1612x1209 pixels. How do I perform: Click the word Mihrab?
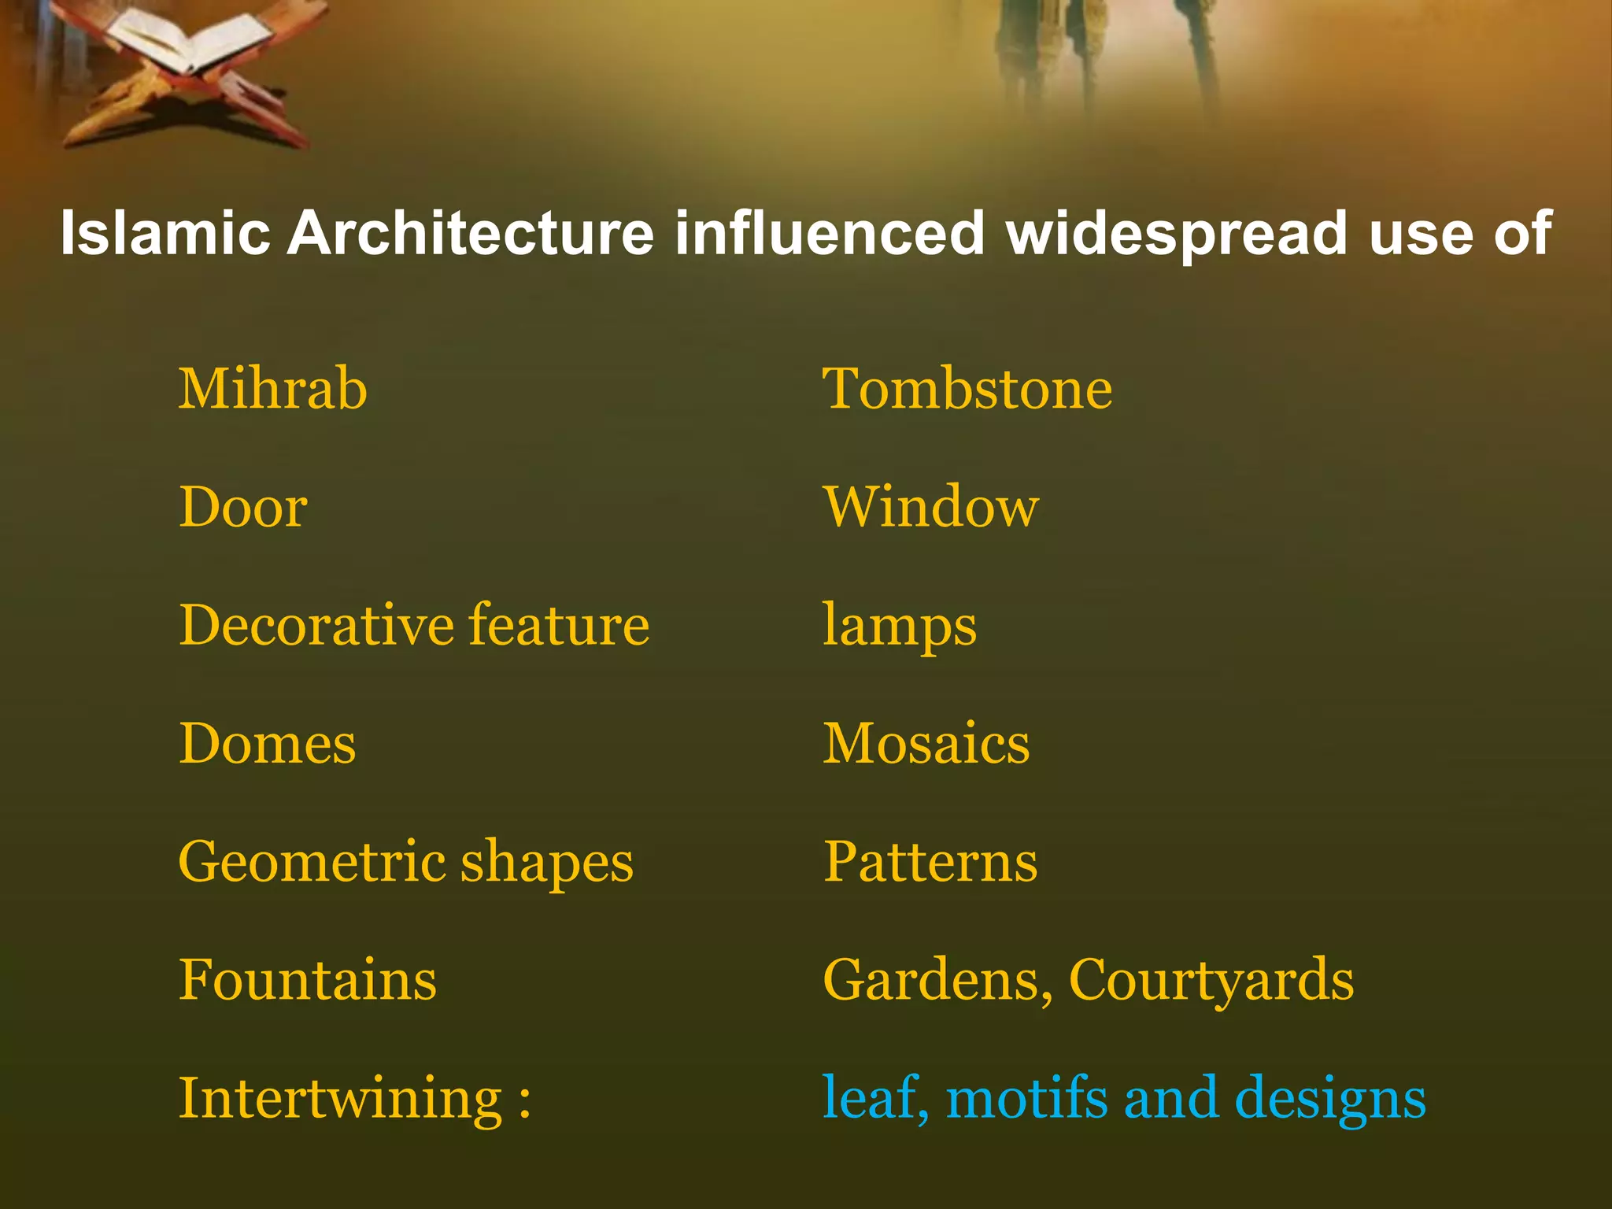[x=272, y=389]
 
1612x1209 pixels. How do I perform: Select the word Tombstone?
[x=967, y=389]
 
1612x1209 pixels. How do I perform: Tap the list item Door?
[x=242, y=507]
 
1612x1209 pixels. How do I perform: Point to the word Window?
[x=930, y=507]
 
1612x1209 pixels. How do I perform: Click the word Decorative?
[x=316, y=625]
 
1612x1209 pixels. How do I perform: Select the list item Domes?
[x=267, y=743]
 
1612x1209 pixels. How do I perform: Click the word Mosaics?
[x=926, y=743]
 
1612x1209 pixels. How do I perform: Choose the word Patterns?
[x=930, y=861]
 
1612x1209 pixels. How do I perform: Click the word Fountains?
[x=307, y=979]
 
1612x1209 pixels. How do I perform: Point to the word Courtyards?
[x=1211, y=981]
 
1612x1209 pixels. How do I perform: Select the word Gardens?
[x=937, y=979]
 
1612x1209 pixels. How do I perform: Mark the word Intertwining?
[x=340, y=1099]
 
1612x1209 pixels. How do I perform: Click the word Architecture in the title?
[x=470, y=233]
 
